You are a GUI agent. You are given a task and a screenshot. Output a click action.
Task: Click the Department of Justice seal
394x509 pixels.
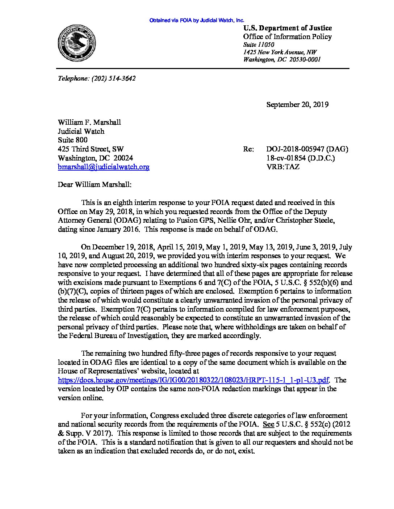(77, 44)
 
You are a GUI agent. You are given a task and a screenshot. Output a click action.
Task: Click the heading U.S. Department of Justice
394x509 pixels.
(287, 28)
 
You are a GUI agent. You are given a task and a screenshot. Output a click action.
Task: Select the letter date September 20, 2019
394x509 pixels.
(297, 105)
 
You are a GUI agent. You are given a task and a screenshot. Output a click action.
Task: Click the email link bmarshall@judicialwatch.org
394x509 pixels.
(104, 167)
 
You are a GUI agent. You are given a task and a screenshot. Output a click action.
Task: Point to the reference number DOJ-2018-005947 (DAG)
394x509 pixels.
(307, 149)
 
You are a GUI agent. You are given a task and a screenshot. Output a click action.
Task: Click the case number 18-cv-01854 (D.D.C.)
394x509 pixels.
(301, 158)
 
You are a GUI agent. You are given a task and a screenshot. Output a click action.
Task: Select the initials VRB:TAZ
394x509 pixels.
(283, 167)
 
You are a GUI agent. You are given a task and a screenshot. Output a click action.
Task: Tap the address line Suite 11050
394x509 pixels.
(259, 44)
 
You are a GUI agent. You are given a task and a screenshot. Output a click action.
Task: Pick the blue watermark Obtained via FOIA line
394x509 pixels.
(197, 21)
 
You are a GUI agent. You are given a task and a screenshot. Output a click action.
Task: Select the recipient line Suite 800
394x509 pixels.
(73, 140)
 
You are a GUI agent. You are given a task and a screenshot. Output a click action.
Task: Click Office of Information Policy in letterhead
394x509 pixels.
(287, 37)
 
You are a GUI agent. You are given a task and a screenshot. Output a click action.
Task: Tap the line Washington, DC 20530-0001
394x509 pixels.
(282, 60)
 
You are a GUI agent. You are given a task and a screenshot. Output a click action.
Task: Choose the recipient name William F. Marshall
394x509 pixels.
(89, 122)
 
